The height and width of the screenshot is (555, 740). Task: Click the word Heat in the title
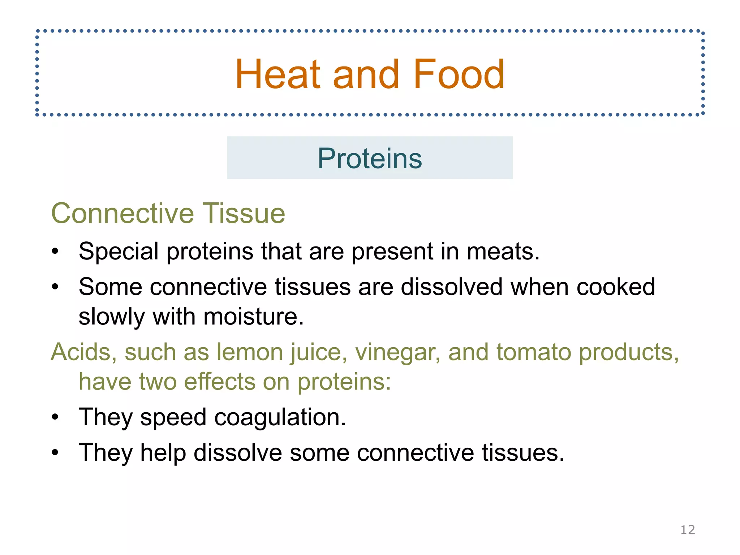click(x=277, y=74)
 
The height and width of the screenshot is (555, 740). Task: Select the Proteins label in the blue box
click(x=370, y=158)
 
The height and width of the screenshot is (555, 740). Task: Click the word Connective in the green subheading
click(x=122, y=213)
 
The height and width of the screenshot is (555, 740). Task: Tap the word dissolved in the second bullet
click(x=451, y=287)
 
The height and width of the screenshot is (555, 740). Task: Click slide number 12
click(x=688, y=530)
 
